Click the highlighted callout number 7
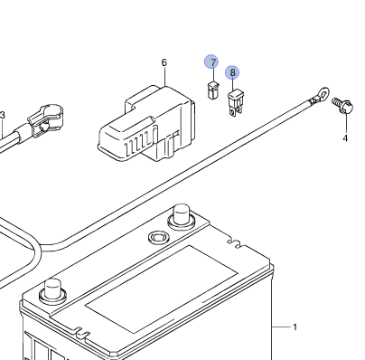click(x=213, y=62)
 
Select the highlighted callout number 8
click(x=232, y=72)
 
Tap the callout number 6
click(x=164, y=62)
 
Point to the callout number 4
click(x=345, y=138)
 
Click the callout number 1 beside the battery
click(x=295, y=327)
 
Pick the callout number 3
click(x=3, y=115)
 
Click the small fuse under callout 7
click(x=212, y=90)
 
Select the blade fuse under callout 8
click(x=235, y=102)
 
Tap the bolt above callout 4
click(x=343, y=105)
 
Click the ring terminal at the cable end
click(x=322, y=95)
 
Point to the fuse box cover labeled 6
click(x=146, y=124)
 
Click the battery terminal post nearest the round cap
click(x=182, y=217)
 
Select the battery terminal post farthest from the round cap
click(x=52, y=290)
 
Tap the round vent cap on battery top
click(x=159, y=237)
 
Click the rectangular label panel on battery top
click(x=161, y=289)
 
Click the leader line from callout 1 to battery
click(x=282, y=327)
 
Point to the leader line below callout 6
click(x=165, y=77)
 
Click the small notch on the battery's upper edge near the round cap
click(x=236, y=243)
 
